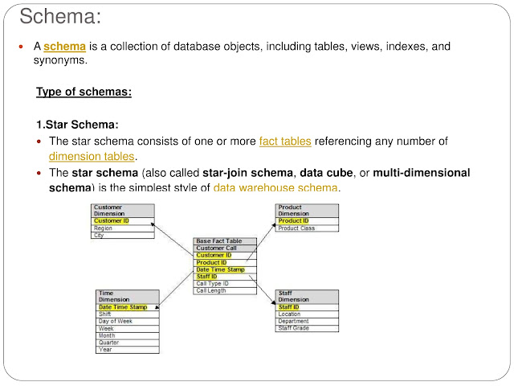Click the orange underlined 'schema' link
coord(64,47)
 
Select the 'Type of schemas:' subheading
coord(84,92)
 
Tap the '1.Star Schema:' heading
coord(77,125)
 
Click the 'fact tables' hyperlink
coord(285,142)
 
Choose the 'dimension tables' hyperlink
coord(92,156)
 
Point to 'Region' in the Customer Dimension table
coord(104,228)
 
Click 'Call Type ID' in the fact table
coord(213,283)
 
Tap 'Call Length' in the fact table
coord(211,290)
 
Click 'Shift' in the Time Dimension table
coord(105,314)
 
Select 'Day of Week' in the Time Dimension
coord(115,322)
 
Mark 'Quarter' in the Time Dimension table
coord(108,343)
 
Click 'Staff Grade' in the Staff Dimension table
coord(294,328)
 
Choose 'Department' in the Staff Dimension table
coord(294,321)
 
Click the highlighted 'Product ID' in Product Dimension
coord(293,221)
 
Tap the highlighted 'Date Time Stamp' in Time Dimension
coord(122,307)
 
